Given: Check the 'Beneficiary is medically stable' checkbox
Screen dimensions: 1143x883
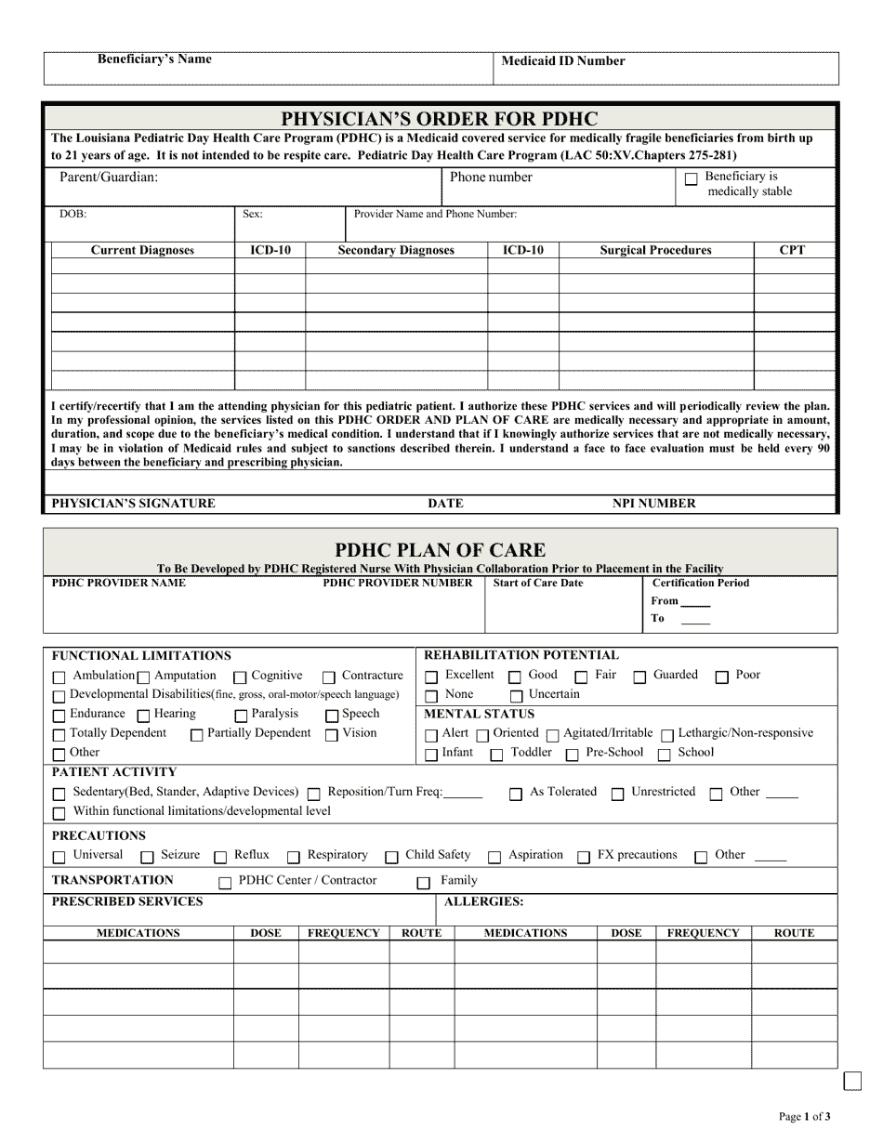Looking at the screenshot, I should click(x=691, y=180).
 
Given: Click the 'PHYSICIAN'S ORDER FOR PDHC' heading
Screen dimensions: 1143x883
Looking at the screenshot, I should click(x=440, y=119).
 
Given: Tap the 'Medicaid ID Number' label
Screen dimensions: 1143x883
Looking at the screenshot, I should click(x=563, y=61).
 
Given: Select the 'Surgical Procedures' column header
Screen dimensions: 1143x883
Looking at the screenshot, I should click(x=655, y=250).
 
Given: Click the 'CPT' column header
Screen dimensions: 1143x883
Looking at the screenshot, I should click(x=793, y=250).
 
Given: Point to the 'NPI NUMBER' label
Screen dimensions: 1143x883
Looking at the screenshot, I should click(x=653, y=504).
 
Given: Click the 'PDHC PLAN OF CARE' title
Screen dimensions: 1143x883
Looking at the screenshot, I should click(x=440, y=549).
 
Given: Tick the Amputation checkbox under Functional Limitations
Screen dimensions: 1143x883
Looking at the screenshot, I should click(x=143, y=677).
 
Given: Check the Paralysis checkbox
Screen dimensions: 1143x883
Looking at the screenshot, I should click(x=241, y=716).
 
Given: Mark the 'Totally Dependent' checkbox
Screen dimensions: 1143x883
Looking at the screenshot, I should click(x=59, y=735).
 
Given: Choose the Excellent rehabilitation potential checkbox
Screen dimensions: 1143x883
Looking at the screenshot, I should click(x=431, y=677).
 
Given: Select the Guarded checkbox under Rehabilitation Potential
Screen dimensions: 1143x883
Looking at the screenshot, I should click(x=639, y=677).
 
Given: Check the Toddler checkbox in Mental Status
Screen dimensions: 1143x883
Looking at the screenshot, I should click(x=497, y=755).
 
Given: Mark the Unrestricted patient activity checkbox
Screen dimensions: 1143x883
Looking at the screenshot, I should click(x=617, y=795).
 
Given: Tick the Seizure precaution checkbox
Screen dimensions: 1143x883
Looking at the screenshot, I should click(x=147, y=857).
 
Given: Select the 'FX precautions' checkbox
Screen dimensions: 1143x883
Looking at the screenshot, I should click(x=584, y=857).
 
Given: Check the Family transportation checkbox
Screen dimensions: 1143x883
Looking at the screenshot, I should click(x=424, y=883).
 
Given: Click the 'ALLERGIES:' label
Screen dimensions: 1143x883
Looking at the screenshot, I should click(x=483, y=901).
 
